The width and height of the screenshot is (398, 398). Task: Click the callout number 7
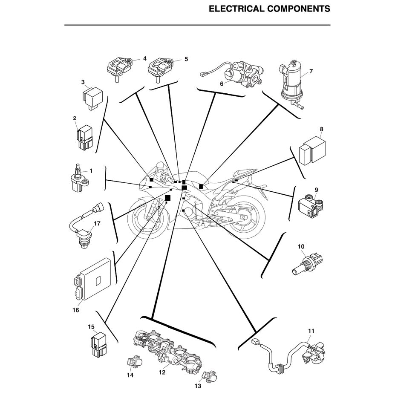click(x=311, y=71)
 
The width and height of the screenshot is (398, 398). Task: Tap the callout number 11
click(x=311, y=331)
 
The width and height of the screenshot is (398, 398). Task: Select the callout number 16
click(x=75, y=310)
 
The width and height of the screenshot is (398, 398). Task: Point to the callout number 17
click(x=97, y=224)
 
